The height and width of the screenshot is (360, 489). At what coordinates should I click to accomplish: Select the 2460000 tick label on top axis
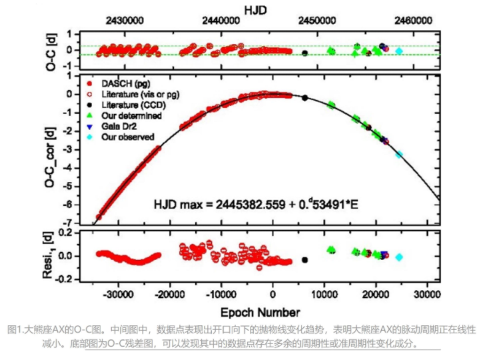point(412,21)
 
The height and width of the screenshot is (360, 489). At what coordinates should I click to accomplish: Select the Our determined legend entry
point(132,115)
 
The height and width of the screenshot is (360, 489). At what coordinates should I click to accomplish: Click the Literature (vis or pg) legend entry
point(140,94)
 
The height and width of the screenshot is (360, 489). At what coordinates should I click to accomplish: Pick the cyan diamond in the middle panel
point(399,154)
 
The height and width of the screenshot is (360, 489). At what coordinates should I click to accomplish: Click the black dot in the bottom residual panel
point(304,260)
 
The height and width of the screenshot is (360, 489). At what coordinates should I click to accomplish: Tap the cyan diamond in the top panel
point(399,51)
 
